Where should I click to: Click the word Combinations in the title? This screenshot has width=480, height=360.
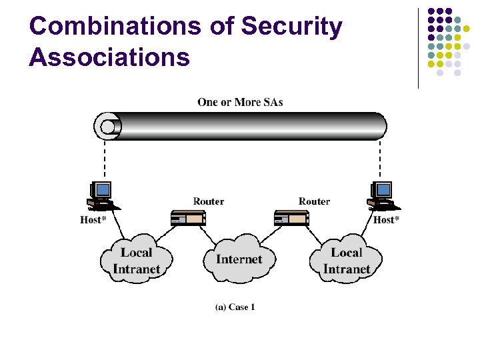pyautogui.click(x=114, y=27)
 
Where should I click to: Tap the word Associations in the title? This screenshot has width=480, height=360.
pyautogui.click(x=109, y=57)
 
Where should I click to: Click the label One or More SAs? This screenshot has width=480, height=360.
pyautogui.click(x=240, y=102)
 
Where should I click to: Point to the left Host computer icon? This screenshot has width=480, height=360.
pyautogui.click(x=101, y=195)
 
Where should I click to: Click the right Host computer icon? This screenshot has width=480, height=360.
pyautogui.click(x=381, y=195)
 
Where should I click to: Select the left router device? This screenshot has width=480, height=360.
pyautogui.click(x=187, y=217)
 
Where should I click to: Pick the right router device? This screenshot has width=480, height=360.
pyautogui.click(x=291, y=217)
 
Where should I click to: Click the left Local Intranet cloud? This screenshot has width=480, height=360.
pyautogui.click(x=136, y=260)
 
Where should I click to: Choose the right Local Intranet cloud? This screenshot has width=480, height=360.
pyautogui.click(x=346, y=260)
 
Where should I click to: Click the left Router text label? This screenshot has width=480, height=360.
pyautogui.click(x=209, y=201)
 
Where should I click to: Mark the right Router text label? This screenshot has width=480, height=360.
pyautogui.click(x=314, y=201)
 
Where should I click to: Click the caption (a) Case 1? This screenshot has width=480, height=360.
pyautogui.click(x=235, y=307)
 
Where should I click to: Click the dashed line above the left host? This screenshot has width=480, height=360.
pyautogui.click(x=103, y=160)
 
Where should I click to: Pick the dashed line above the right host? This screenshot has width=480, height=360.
pyautogui.click(x=380, y=160)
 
